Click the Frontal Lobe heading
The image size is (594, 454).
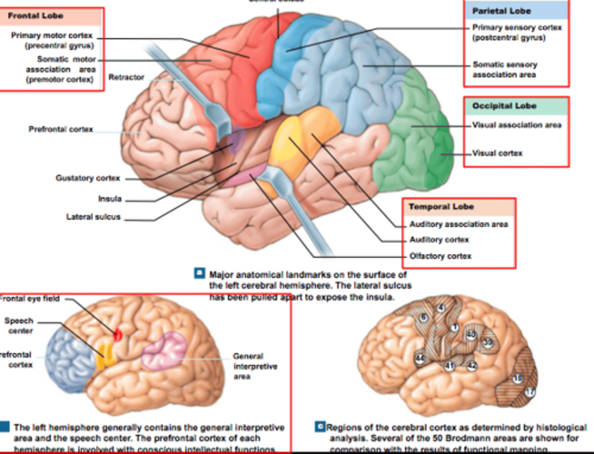(x=35, y=16)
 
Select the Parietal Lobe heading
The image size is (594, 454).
(x=501, y=11)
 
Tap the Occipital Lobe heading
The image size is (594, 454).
(x=504, y=106)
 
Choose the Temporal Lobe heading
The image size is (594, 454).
(x=441, y=207)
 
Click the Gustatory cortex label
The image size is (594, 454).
(x=87, y=178)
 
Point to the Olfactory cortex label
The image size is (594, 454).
(x=440, y=256)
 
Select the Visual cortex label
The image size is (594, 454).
(x=497, y=154)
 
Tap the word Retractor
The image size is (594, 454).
(x=126, y=77)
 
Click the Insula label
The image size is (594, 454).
(x=110, y=199)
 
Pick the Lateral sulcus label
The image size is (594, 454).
(x=93, y=217)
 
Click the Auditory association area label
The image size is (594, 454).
(x=458, y=225)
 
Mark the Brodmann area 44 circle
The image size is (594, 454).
(x=420, y=358)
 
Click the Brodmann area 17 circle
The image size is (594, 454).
(x=530, y=392)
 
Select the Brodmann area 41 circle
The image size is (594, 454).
(x=449, y=366)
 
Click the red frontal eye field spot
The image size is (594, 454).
(x=118, y=335)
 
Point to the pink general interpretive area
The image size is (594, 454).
(x=164, y=351)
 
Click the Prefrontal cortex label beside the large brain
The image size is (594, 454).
(x=61, y=130)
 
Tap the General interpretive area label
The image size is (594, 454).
(x=255, y=367)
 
